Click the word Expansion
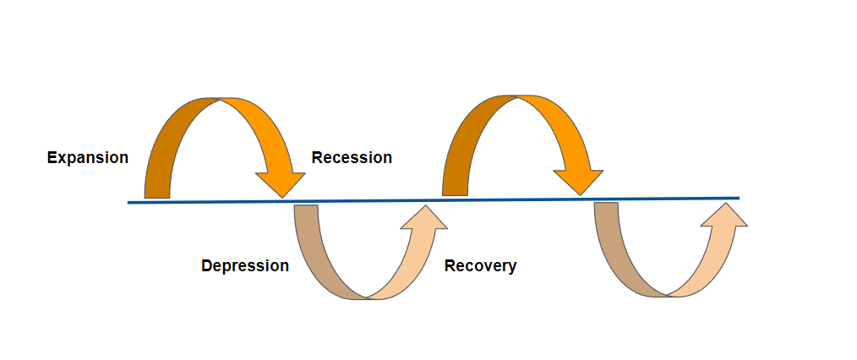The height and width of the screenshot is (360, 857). point(87,158)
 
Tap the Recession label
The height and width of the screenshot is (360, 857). point(352,157)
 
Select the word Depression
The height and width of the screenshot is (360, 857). point(245,266)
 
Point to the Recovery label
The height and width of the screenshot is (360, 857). point(480,266)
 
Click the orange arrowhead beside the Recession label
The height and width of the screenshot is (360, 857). point(281,183)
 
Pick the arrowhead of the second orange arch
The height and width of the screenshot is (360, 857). point(579,181)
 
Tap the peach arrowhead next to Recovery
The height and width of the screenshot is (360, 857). point(423,219)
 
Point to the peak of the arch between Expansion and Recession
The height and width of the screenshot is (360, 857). point(219,99)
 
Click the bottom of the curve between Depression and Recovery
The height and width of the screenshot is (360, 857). point(368,299)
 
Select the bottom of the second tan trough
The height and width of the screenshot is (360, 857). point(668,296)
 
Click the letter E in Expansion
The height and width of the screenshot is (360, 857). point(52,158)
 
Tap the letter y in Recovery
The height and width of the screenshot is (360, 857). point(512,268)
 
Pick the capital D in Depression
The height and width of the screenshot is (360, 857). point(206,266)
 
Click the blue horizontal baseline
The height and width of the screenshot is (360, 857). point(434,200)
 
